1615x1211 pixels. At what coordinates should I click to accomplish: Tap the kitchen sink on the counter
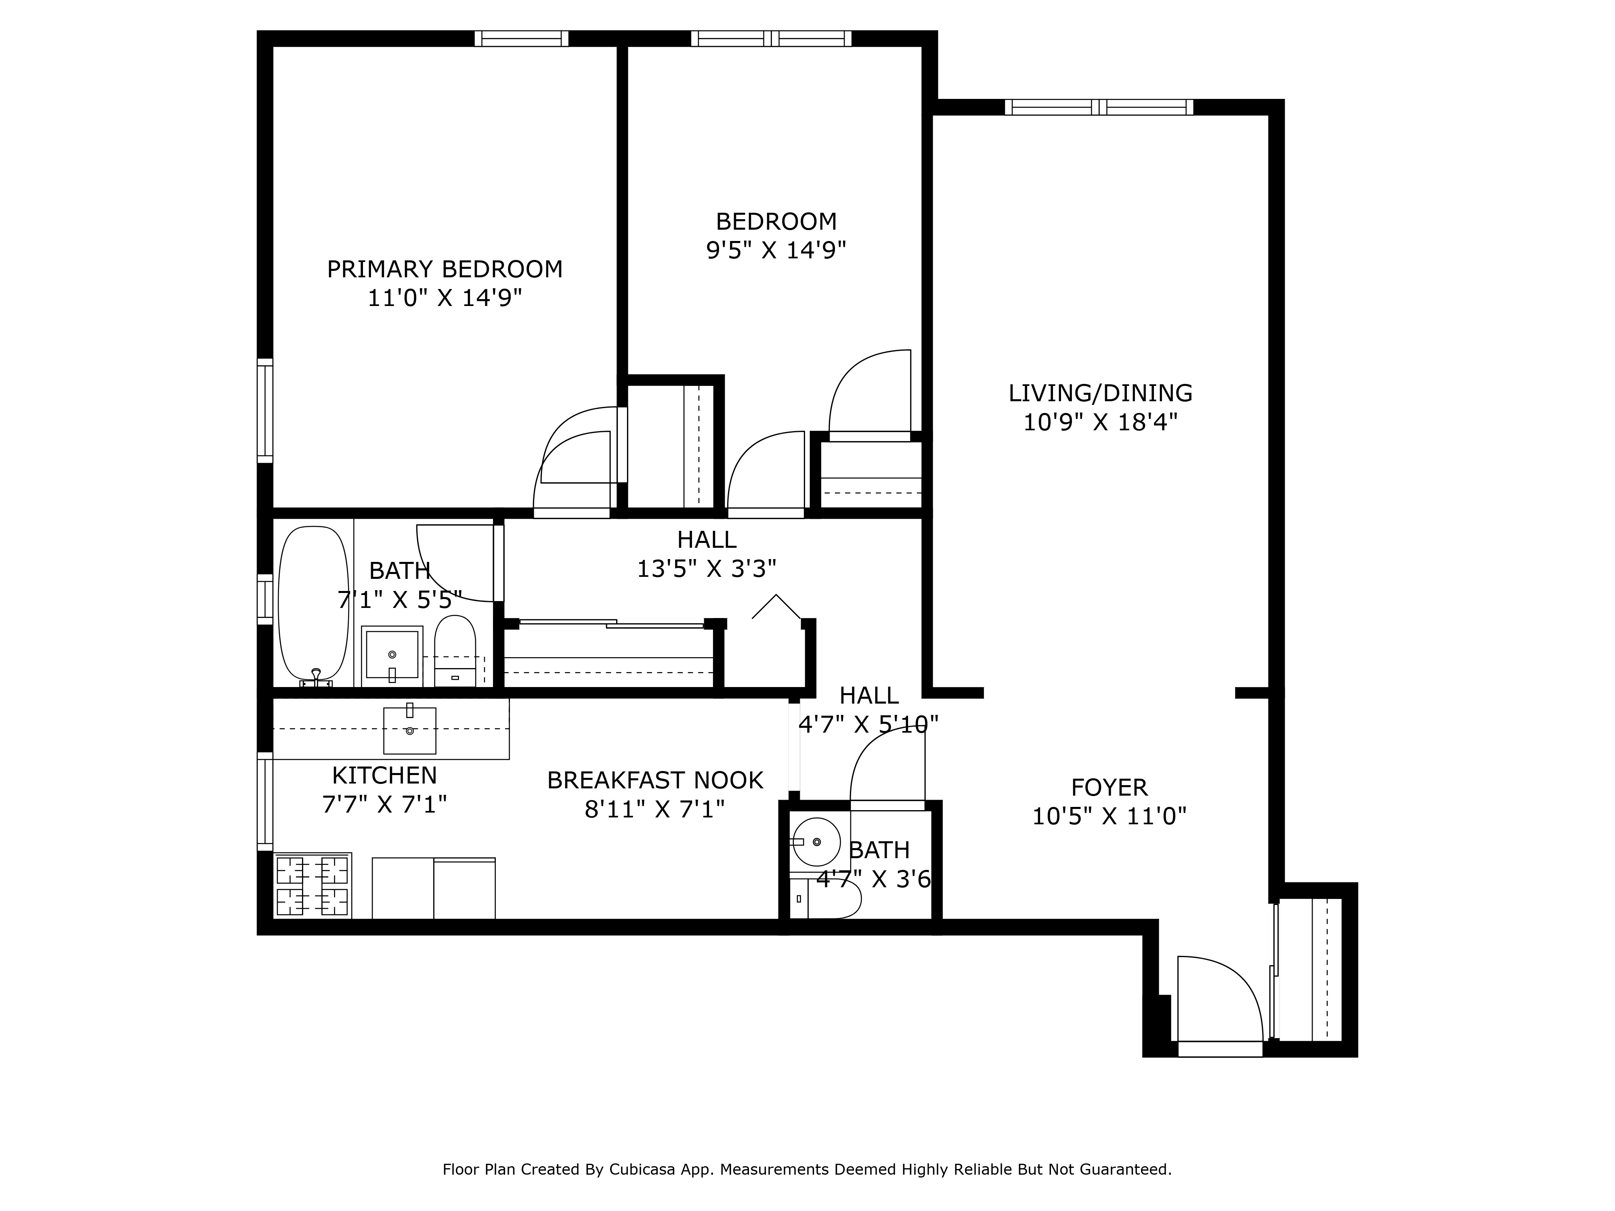409,730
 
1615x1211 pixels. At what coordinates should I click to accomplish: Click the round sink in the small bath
816,842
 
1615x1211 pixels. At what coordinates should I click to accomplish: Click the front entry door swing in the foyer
1218,999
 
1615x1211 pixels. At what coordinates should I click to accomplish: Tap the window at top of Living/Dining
1099,107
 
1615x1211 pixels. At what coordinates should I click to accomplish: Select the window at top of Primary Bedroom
521,39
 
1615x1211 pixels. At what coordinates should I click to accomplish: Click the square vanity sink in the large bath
392,655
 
